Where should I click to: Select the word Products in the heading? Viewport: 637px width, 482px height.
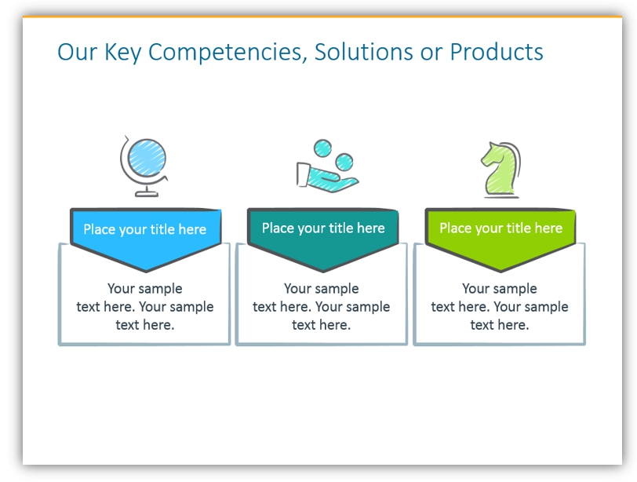tap(497, 52)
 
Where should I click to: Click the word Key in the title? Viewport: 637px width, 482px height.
tap(122, 53)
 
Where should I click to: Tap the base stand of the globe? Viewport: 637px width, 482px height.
tap(147, 192)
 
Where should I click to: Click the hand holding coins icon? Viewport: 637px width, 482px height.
tap(326, 166)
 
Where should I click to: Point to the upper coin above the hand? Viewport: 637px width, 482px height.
tap(323, 148)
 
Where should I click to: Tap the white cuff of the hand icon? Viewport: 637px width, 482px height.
tap(303, 175)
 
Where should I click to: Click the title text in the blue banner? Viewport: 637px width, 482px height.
tap(145, 230)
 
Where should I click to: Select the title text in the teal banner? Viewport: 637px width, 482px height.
tap(323, 228)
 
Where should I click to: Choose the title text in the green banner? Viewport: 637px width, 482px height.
tap(501, 228)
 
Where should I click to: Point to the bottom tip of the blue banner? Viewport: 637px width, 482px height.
tap(146, 271)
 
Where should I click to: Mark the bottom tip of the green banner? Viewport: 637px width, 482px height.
tap(500, 271)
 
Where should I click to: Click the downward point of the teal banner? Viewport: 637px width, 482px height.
tap(323, 271)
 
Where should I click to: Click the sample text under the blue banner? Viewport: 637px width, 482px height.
tap(145, 307)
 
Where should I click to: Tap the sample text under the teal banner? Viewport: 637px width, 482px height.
tap(322, 307)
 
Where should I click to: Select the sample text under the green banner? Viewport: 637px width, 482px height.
tap(500, 307)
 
